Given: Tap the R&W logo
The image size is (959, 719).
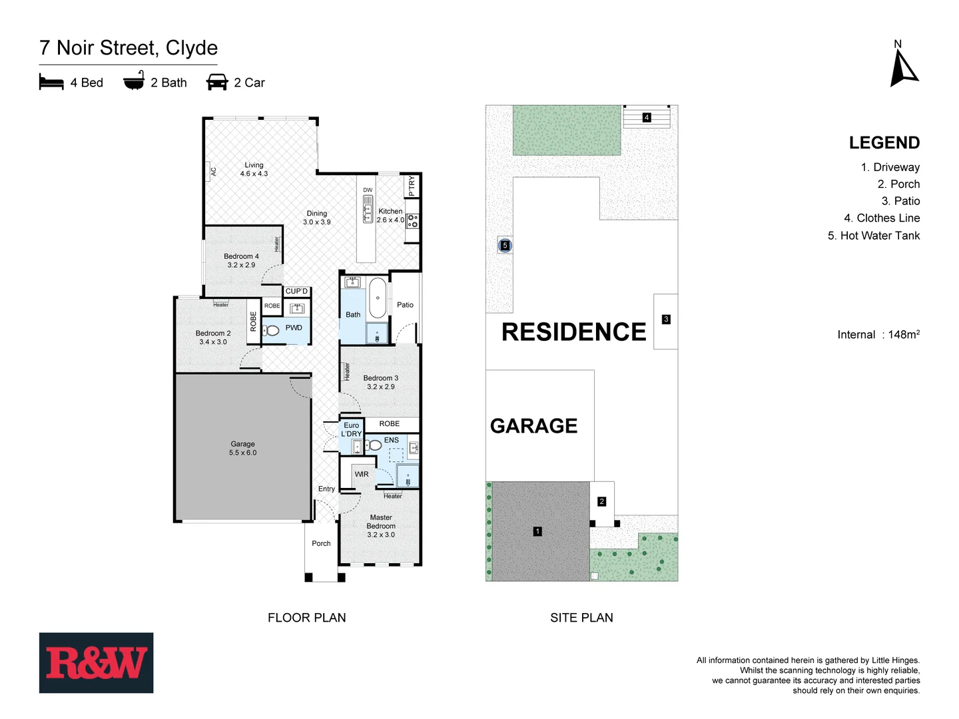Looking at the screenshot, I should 96,663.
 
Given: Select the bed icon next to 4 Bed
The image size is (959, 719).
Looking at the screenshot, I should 51,83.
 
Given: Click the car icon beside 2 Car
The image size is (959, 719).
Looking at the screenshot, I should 217,83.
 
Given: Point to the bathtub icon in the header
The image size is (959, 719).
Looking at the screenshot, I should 134,83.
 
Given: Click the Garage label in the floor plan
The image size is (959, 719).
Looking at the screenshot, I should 242,448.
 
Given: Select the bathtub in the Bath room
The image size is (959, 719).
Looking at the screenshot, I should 378,298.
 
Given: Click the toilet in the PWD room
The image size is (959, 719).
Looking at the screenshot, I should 272,330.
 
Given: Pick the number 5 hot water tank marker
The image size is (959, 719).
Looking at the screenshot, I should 505,246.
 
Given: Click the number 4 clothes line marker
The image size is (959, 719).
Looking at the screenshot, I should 646,118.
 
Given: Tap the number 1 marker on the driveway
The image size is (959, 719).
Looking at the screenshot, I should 537,531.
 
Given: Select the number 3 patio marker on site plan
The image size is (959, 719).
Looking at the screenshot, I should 666,320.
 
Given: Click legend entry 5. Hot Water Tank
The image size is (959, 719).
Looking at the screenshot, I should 873,236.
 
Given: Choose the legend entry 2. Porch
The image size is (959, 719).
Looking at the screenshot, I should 898,184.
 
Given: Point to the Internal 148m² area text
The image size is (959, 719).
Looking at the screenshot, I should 878,335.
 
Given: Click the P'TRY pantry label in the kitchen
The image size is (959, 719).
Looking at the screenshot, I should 412,186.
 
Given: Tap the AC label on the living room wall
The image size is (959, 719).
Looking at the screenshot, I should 214,171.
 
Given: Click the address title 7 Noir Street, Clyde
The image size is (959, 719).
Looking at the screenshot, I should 129,48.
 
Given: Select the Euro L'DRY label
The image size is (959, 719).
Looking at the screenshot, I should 352,429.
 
